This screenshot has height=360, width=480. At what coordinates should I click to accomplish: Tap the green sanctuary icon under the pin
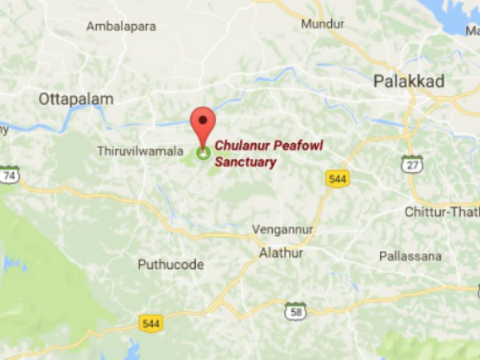(x=202, y=151)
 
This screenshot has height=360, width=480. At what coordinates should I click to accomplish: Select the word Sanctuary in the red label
(x=245, y=162)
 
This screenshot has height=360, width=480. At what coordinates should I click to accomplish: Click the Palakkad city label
(x=409, y=80)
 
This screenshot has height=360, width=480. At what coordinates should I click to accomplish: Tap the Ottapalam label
(x=76, y=99)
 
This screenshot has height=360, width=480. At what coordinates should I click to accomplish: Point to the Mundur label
(x=322, y=24)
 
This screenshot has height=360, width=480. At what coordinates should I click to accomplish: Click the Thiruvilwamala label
(x=140, y=150)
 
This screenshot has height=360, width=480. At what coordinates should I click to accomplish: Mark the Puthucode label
(x=170, y=265)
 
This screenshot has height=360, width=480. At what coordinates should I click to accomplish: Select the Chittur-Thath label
(x=441, y=211)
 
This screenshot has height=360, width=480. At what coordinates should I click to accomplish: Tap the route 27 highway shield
(x=411, y=163)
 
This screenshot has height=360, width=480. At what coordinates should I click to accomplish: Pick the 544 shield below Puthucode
(x=150, y=323)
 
